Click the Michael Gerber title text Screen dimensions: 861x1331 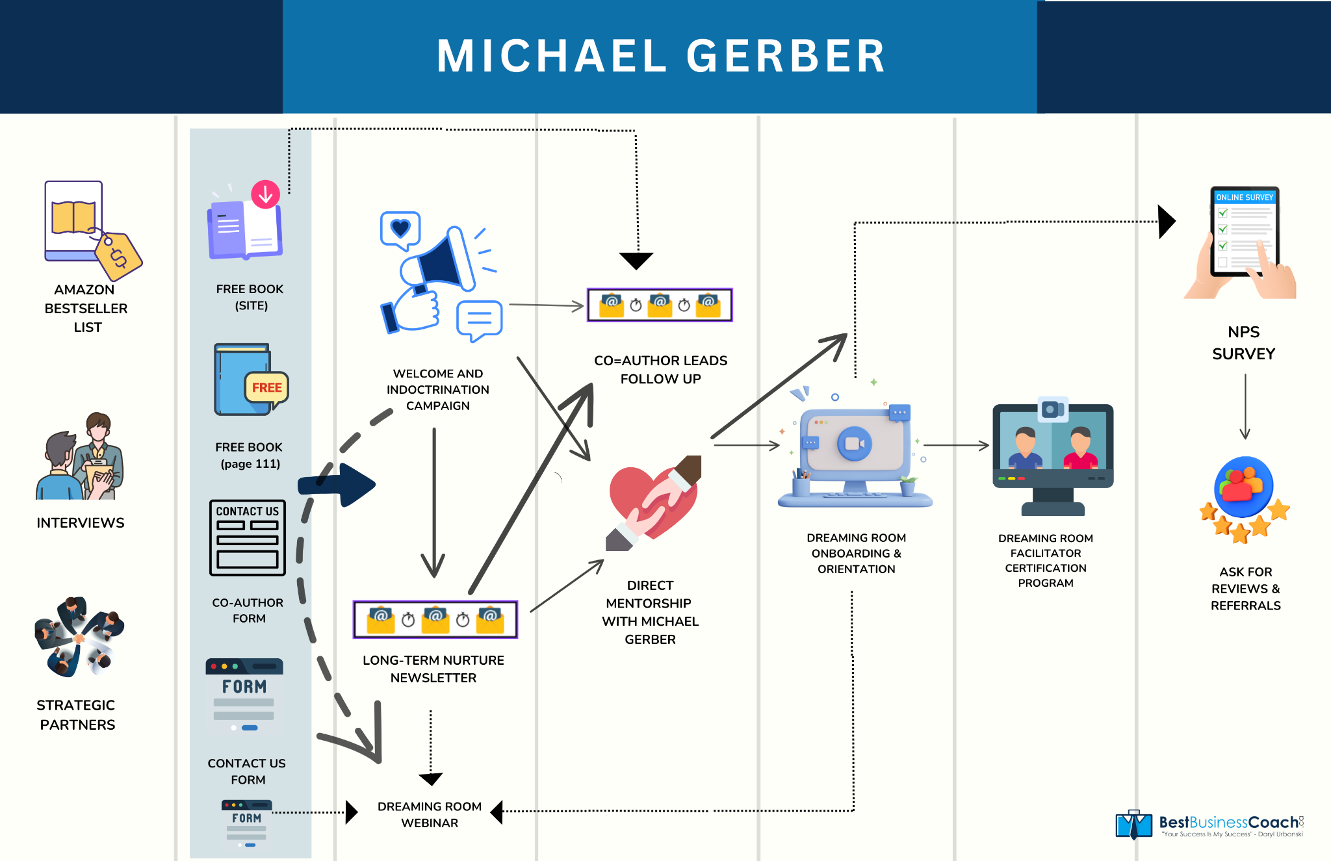point(661,56)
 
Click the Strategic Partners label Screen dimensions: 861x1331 point(77,715)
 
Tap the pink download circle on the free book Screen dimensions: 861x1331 point(265,194)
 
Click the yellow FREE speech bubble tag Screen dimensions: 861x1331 point(266,388)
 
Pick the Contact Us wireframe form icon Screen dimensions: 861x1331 point(248,537)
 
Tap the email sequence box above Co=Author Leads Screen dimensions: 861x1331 point(660,305)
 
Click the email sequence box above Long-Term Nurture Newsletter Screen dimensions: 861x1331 point(435,619)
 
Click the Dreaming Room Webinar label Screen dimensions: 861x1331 point(430,814)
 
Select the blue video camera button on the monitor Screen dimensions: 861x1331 point(854,444)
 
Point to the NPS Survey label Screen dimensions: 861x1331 point(1243,343)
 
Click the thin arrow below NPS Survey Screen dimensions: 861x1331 point(1245,407)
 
